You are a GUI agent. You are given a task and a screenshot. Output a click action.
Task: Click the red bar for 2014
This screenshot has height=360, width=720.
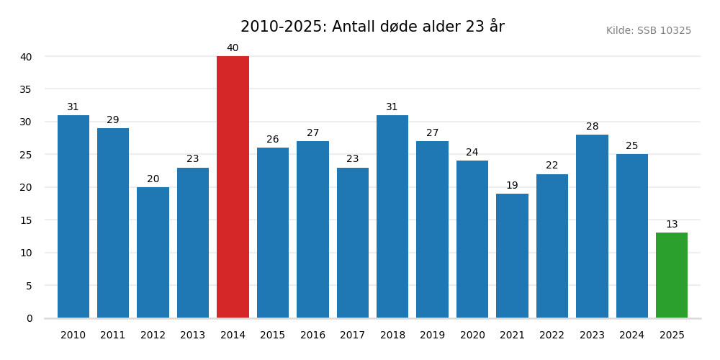pyautogui.click(x=233, y=187)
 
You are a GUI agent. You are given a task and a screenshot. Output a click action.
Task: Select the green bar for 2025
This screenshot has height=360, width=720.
pyautogui.click(x=672, y=275)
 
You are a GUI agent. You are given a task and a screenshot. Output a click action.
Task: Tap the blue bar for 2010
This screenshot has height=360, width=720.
pyautogui.click(x=73, y=216)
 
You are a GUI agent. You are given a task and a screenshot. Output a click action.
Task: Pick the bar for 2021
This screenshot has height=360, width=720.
pyautogui.click(x=512, y=256)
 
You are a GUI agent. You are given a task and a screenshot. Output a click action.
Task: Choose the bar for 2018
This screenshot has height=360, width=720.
pyautogui.click(x=392, y=216)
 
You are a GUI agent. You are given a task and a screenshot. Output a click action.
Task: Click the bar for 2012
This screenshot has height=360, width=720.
pyautogui.click(x=153, y=252)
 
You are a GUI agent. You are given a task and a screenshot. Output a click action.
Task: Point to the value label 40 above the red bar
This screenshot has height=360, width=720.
pyautogui.click(x=233, y=48)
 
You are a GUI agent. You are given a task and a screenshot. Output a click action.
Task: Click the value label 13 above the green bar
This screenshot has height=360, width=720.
pyautogui.click(x=672, y=225)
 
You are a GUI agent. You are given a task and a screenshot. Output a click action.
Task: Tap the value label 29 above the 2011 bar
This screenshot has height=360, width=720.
pyautogui.click(x=113, y=120)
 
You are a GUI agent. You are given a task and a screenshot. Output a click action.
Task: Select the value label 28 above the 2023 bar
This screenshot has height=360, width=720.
pyautogui.click(x=592, y=127)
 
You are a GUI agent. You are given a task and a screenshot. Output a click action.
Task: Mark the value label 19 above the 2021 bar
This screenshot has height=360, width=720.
pyautogui.click(x=512, y=186)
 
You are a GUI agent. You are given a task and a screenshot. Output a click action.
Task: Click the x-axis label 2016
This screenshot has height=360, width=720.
pyautogui.click(x=312, y=336)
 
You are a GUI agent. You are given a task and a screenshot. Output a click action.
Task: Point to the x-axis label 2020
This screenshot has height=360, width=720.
pyautogui.click(x=472, y=336)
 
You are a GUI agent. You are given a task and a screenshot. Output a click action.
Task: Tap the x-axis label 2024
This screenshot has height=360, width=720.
pyautogui.click(x=632, y=336)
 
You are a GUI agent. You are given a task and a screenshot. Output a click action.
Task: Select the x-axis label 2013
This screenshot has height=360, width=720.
pyautogui.click(x=193, y=336)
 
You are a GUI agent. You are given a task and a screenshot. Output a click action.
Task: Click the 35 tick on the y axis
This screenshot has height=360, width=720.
pyautogui.click(x=26, y=89)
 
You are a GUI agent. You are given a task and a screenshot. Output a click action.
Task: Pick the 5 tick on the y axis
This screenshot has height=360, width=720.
pyautogui.click(x=29, y=286)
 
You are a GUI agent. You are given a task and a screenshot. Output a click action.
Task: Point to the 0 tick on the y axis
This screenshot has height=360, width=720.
pyautogui.click(x=29, y=318)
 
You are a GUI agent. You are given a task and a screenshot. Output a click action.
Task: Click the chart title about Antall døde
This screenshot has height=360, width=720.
pyautogui.click(x=372, y=27)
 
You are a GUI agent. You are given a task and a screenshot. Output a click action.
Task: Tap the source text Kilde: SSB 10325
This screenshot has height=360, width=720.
pyautogui.click(x=648, y=31)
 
